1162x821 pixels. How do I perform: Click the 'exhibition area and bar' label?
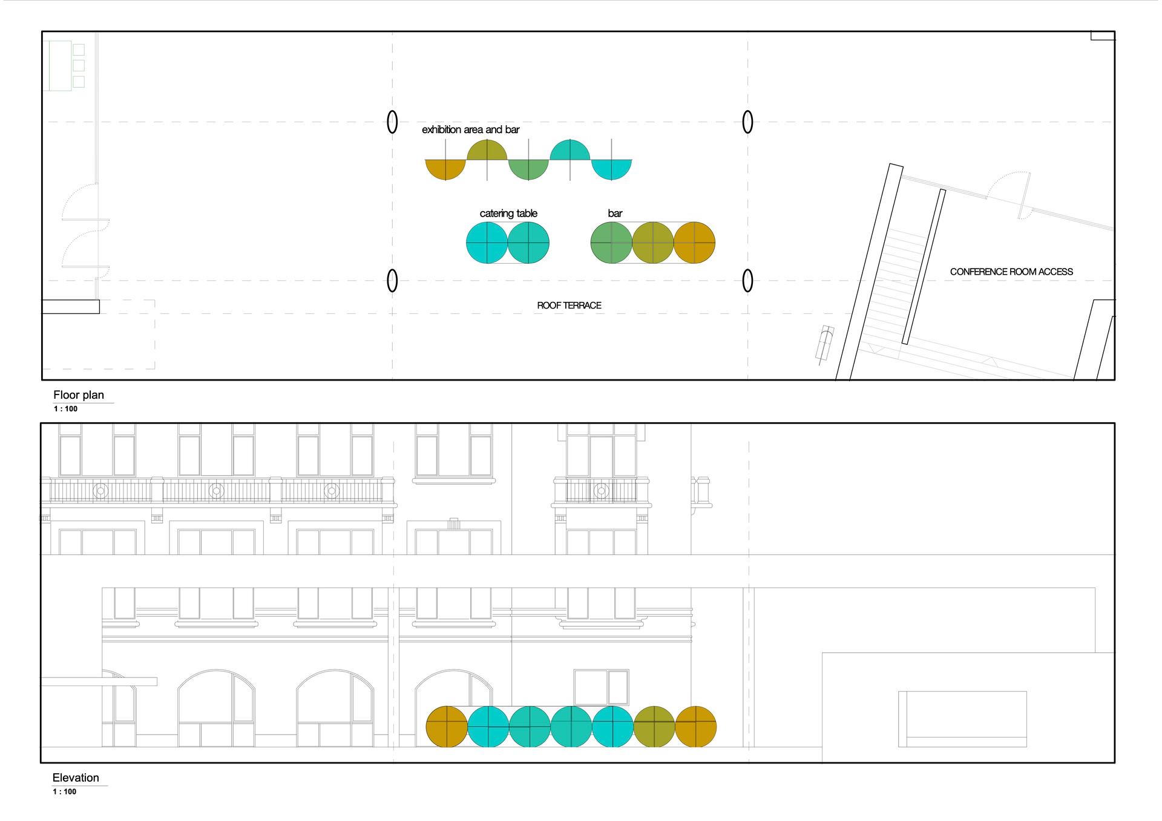point(470,130)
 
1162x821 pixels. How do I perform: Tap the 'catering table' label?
point(508,214)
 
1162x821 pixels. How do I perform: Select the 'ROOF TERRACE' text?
point(569,306)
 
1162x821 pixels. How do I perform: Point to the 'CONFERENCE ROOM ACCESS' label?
point(1011,272)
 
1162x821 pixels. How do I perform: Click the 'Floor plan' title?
point(79,395)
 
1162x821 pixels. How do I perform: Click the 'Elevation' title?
point(76,778)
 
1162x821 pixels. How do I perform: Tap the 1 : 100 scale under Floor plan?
point(65,409)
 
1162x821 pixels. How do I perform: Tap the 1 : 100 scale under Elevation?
point(65,792)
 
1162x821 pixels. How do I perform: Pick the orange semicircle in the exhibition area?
point(445,169)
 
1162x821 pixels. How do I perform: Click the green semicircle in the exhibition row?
point(528,169)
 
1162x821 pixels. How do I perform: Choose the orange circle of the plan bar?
point(694,243)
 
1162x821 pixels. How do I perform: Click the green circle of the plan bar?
point(611,243)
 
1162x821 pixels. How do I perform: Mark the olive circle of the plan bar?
point(653,243)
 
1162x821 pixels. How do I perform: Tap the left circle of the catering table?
point(487,243)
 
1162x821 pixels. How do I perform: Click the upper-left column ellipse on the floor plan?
point(392,122)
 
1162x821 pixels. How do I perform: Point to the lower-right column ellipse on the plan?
point(747,281)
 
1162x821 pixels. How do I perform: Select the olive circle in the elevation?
point(654,727)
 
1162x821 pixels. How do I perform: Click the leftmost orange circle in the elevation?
point(447,727)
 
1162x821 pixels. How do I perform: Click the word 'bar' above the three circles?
point(615,214)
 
